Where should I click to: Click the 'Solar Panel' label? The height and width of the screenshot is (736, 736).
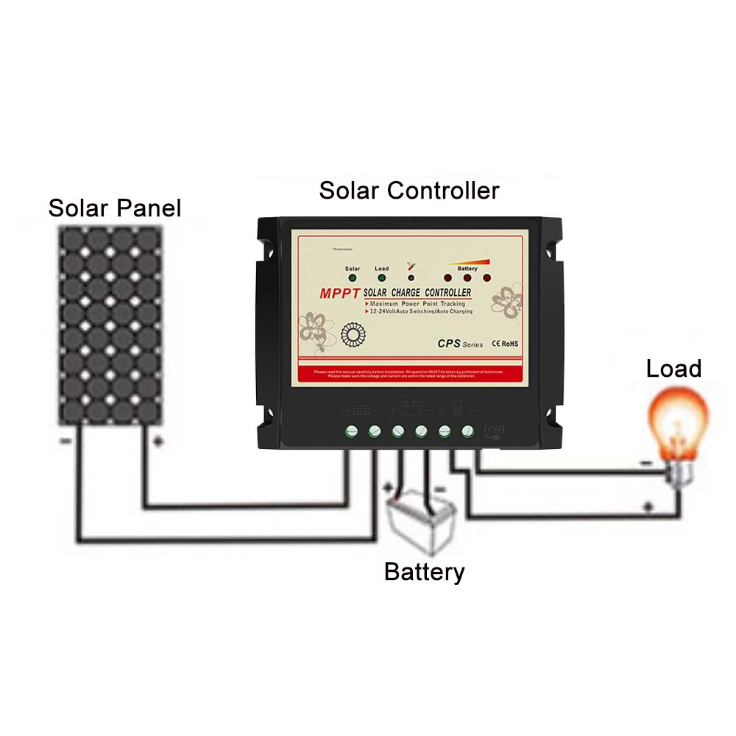point(114,208)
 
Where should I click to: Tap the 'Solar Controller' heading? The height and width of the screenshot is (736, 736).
point(408,191)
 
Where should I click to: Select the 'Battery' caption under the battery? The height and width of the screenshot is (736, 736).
point(424,571)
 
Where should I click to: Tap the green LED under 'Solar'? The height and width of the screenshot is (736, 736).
point(353,279)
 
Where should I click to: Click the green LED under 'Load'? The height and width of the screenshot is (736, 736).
point(381,279)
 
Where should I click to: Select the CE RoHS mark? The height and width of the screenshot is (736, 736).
point(505,343)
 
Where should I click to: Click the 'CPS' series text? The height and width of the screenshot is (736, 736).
point(450,342)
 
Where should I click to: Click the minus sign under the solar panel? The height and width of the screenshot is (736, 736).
point(66,442)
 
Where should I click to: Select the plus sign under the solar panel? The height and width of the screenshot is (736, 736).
point(157,442)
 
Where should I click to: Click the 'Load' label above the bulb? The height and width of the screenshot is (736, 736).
point(673,369)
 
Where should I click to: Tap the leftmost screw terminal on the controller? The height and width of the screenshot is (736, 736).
point(352,431)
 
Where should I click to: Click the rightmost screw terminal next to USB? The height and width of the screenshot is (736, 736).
point(467,431)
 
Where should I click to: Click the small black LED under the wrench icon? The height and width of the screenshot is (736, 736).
point(411,279)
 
